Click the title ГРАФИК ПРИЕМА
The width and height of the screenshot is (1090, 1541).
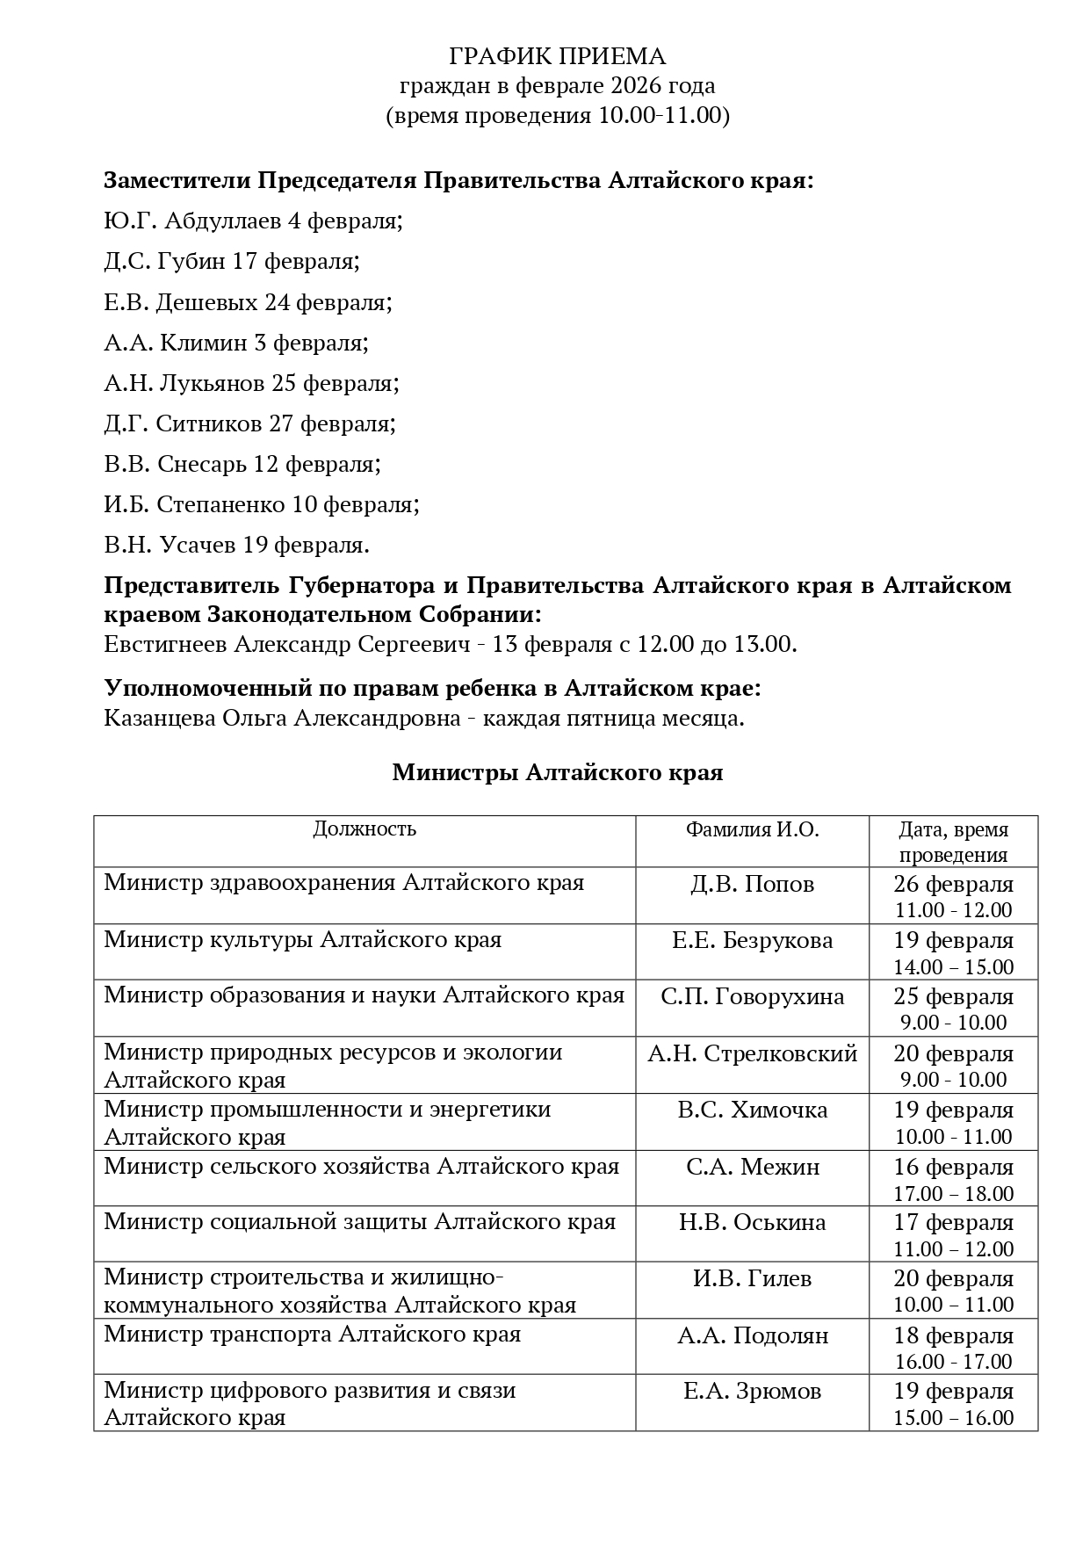[x=557, y=57]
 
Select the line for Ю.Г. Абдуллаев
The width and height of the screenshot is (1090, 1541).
[x=253, y=221]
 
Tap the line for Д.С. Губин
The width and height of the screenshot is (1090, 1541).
[x=232, y=262]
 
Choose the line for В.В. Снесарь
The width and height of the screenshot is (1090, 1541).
[x=242, y=464]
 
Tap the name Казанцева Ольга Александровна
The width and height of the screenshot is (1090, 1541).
[x=282, y=719]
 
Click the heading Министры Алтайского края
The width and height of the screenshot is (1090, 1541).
[x=557, y=773]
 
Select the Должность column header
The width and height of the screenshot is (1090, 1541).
[x=365, y=829]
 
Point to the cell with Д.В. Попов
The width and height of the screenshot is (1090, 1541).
[x=752, y=885]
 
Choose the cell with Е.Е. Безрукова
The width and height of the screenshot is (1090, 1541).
[x=752, y=941]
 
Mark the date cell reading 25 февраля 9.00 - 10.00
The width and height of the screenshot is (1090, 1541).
[x=953, y=1009]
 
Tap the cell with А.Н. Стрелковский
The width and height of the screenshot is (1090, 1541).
[x=752, y=1053]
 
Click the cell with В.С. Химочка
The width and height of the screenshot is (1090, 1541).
[x=752, y=1111]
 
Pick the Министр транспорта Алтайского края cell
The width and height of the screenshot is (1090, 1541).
[x=312, y=1335]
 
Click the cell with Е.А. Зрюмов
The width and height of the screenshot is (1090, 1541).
[x=752, y=1392]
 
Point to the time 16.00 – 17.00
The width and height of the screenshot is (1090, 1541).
[x=953, y=1362]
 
